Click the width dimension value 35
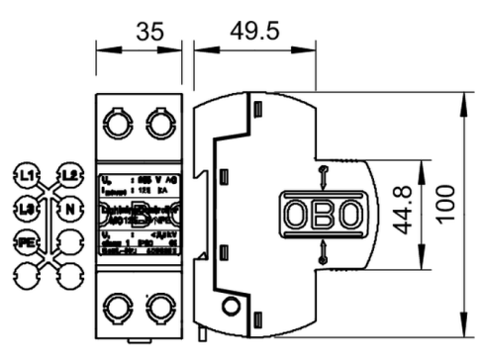point(147,32)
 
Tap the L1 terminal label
point(28,176)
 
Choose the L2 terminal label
point(69,176)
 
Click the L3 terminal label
point(28,208)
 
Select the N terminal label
point(69,208)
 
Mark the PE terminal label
point(28,239)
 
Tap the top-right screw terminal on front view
point(159,123)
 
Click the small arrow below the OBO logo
point(321,254)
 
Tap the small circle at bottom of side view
point(231,307)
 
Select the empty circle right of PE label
point(69,239)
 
